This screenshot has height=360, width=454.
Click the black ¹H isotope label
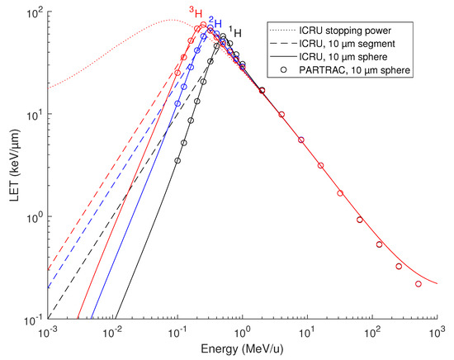pos(235,31)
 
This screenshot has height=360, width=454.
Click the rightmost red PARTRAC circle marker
pos(419,284)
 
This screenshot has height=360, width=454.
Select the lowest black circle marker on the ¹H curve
pos(177,160)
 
